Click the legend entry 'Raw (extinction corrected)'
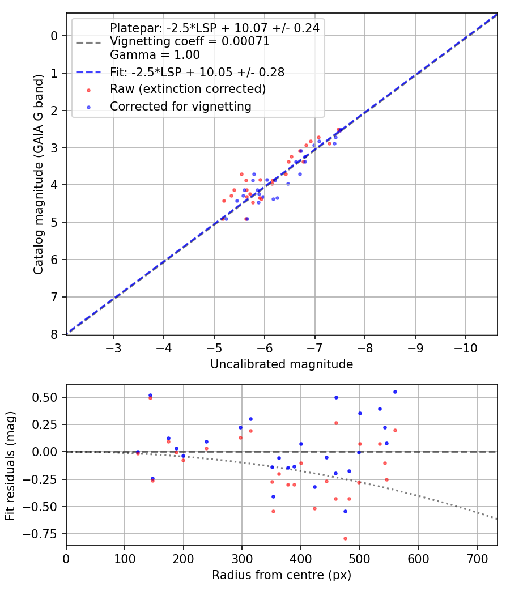coord(188,89)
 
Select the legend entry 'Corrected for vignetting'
coord(180,106)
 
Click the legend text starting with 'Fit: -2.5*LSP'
coord(197,73)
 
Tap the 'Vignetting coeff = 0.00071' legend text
coord(189,41)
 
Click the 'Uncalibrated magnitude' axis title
coord(282,364)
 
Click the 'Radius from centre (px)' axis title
coord(282,575)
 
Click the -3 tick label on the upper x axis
coord(114,346)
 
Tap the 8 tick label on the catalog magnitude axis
coord(55,334)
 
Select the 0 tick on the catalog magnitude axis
coord(55,36)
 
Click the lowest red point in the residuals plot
coord(345,538)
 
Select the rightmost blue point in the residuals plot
coord(395,392)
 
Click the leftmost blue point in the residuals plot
coord(138,452)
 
